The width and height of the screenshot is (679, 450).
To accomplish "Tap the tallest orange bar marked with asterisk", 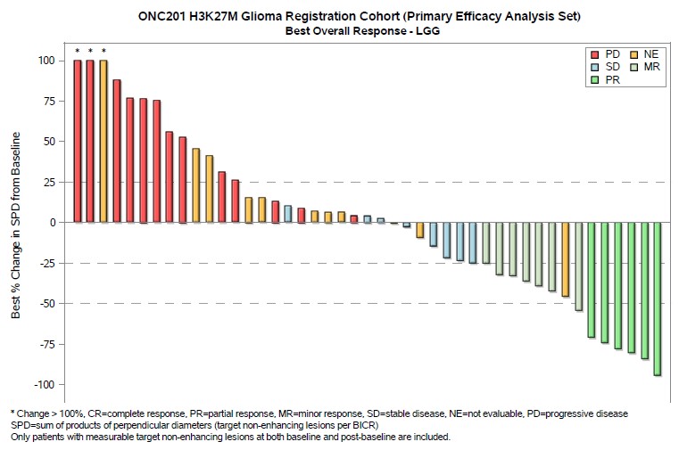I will click(x=104, y=141).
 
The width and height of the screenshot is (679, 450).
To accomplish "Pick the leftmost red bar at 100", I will click(x=78, y=141).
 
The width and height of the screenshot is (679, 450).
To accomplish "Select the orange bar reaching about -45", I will click(x=565, y=259).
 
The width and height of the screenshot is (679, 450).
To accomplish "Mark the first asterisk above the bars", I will click(x=78, y=51).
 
